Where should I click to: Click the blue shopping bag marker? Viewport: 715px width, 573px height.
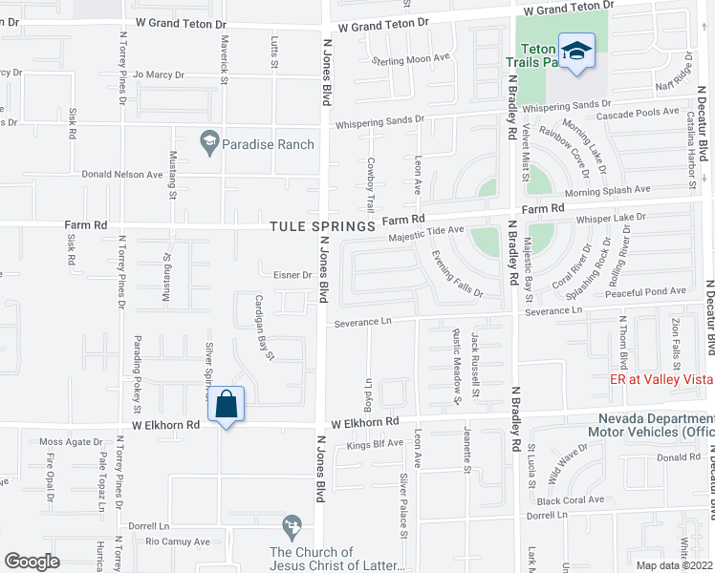click(227, 405)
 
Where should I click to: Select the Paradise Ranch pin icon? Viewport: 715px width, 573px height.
click(207, 143)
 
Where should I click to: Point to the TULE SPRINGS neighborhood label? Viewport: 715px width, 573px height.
click(322, 226)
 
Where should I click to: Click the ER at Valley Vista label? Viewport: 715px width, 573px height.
click(661, 378)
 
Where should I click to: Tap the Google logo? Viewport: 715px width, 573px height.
click(32, 562)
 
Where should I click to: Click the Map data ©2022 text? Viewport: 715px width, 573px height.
click(673, 565)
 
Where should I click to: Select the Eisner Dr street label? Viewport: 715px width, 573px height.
click(292, 275)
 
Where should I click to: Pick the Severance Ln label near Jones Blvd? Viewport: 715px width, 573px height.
click(363, 322)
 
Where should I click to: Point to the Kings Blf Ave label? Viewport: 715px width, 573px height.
click(375, 444)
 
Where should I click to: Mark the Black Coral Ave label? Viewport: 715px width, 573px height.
click(571, 499)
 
